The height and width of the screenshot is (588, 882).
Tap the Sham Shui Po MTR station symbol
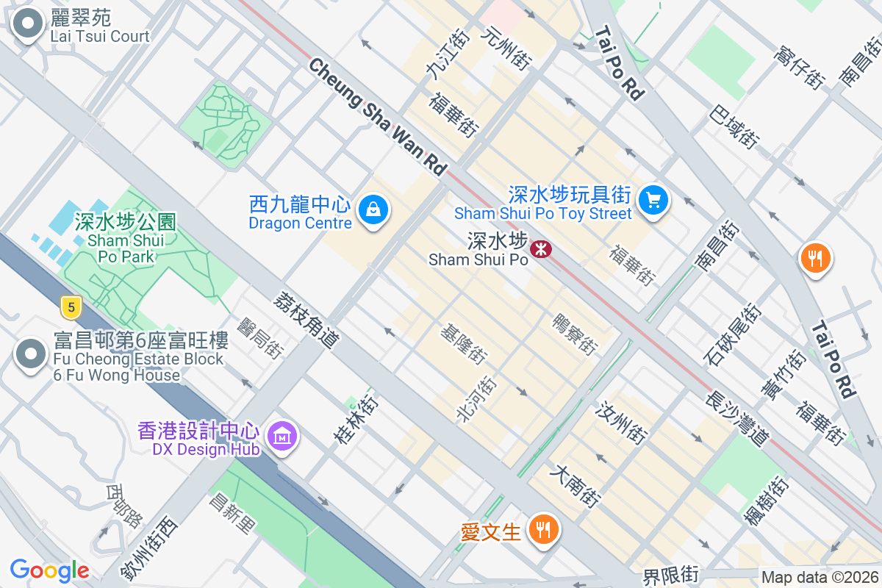click(540, 249)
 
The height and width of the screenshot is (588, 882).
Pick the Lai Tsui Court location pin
click(29, 24)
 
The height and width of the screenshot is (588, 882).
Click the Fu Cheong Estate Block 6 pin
click(30, 355)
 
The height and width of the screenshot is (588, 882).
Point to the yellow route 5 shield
click(71, 307)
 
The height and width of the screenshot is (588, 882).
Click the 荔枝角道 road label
click(306, 319)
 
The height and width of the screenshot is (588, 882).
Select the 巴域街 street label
click(734, 125)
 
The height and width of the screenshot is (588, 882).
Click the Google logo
click(49, 570)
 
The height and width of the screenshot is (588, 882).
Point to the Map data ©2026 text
click(820, 577)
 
